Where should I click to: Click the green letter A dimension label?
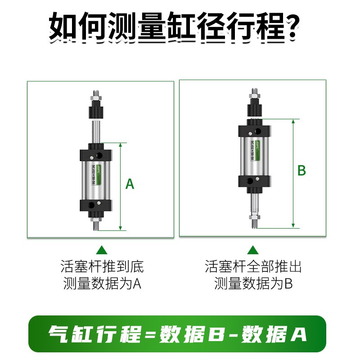coord(130,184)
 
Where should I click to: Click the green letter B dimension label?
coord(302,171)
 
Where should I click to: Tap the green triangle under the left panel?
coord(102,250)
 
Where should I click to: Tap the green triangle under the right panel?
coord(253,250)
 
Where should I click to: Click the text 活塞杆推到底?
coord(102,267)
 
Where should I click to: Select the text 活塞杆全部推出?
coord(253,267)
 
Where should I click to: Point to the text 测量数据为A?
coord(102,284)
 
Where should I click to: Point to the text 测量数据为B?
coord(253,284)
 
